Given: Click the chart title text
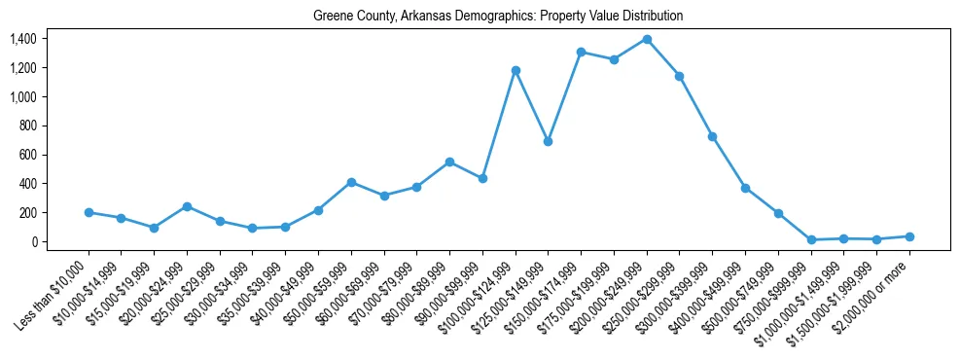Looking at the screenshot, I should (x=498, y=17).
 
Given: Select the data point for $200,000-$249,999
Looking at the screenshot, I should (x=647, y=39).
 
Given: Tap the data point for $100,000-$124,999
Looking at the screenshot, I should (x=516, y=70).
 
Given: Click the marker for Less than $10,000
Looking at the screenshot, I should (x=89, y=212).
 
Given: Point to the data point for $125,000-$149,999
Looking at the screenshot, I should (x=549, y=141).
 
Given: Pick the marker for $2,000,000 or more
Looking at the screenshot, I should (x=909, y=236).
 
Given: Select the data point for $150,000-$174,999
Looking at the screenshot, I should (x=581, y=52).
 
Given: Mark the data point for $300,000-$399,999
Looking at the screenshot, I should (x=712, y=136).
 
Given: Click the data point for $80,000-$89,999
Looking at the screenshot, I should (x=449, y=162).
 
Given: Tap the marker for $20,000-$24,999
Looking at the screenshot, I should (x=187, y=206).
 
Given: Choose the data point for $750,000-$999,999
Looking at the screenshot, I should (x=811, y=239).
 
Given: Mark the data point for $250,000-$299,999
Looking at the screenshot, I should (x=680, y=76).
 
